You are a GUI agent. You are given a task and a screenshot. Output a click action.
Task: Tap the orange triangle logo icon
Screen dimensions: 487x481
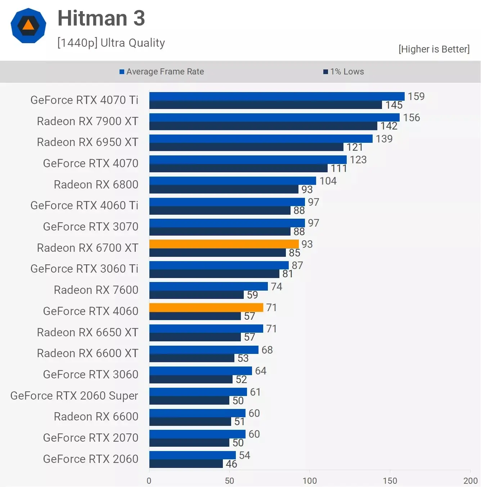tap(28, 25)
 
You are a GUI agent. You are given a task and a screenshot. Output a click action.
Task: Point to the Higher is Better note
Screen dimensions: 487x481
tap(434, 49)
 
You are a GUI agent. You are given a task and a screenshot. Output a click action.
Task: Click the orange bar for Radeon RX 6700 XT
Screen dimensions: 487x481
tap(224, 244)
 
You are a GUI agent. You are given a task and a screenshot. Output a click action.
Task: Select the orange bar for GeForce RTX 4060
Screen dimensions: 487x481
tap(206, 308)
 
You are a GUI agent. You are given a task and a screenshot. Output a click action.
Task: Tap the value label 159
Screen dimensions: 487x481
tap(416, 96)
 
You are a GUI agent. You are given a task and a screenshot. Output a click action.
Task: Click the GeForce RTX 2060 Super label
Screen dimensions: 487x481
tap(74, 396)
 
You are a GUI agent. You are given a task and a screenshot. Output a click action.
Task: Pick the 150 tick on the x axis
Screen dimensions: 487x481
tap(390, 481)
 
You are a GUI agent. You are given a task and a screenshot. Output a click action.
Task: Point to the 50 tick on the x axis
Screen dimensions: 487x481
tap(229, 481)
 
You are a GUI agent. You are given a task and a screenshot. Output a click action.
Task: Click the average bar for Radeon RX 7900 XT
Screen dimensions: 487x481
tap(274, 118)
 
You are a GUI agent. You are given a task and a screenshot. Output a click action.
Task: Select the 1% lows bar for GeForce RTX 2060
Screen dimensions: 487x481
tap(186, 464)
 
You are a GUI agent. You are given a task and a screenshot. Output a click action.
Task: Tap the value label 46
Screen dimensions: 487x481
tap(231, 464)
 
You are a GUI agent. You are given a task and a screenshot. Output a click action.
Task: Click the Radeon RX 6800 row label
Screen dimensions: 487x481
tap(96, 185)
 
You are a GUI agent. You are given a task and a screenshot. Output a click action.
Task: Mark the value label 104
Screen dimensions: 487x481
tap(328, 181)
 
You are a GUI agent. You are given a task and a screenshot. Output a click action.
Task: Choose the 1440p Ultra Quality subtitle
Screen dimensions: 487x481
tap(111, 43)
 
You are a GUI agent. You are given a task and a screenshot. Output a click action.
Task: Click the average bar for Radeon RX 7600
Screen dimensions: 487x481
tap(208, 286)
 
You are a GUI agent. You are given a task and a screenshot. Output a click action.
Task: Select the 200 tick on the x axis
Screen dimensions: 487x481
tap(470, 481)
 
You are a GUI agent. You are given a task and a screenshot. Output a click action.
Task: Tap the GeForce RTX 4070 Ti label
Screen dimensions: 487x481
tap(84, 100)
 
